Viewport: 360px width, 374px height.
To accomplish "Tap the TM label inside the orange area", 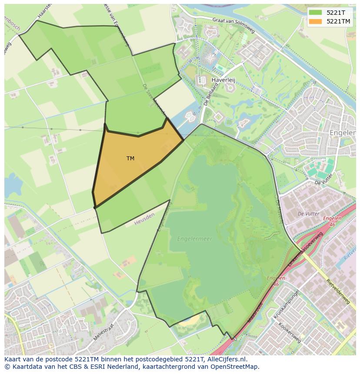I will tap(130, 159).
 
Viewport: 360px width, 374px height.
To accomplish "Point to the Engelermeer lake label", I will tap(194, 238).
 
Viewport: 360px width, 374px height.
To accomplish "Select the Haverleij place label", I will tap(223, 80).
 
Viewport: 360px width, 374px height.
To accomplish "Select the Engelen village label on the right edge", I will tap(343, 132).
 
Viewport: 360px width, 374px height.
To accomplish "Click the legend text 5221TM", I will tap(338, 21).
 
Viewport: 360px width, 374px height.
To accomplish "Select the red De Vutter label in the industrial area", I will tap(308, 214).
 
